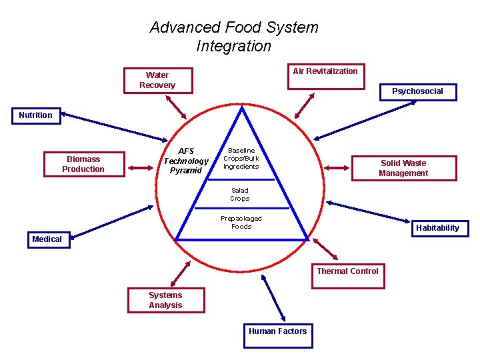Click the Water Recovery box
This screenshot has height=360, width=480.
(x=157, y=80)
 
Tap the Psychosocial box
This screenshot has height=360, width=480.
(x=417, y=91)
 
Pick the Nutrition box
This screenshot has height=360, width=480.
(x=35, y=115)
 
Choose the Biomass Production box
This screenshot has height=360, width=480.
(x=83, y=164)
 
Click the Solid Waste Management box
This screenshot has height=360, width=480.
(x=403, y=168)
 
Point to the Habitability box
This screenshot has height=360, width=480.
(x=437, y=228)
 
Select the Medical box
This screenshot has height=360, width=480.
(x=47, y=239)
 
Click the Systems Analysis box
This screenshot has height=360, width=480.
(x=165, y=300)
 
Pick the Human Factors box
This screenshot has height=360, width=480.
(x=277, y=335)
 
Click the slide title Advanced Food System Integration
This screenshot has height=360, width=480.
(x=234, y=37)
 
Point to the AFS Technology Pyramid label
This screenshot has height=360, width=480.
(x=186, y=161)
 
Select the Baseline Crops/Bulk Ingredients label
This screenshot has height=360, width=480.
(x=241, y=159)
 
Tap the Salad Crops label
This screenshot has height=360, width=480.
(x=240, y=194)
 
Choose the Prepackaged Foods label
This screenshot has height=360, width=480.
(x=241, y=222)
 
